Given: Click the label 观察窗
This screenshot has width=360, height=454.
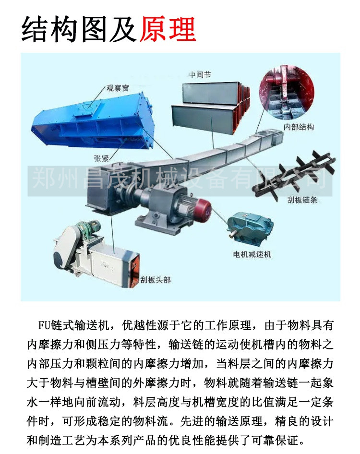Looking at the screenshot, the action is tap(118, 88).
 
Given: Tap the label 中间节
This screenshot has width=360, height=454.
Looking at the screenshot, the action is tap(200, 75).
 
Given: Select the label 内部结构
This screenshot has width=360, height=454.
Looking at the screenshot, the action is tap(299, 127).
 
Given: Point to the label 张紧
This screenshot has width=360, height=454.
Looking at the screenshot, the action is tap(101, 158).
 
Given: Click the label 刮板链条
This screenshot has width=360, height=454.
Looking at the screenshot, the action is tap(302, 200).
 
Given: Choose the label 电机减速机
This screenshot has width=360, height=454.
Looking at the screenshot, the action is tap(252, 254).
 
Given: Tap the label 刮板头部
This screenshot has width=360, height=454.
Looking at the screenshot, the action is tap(156, 280).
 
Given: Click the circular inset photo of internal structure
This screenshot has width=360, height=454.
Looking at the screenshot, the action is tap(287, 93).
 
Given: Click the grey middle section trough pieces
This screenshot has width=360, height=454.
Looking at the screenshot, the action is tap(211, 108).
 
